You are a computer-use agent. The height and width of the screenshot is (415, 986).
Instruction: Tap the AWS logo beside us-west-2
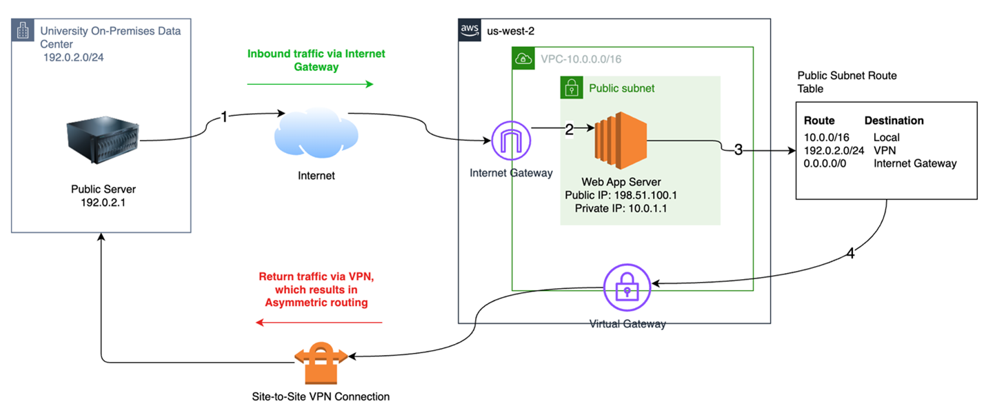[470, 31]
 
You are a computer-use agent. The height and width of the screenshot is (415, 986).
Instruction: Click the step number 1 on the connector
[224, 118]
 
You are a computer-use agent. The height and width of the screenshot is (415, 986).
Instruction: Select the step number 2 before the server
[570, 130]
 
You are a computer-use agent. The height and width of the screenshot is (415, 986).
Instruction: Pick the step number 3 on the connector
[738, 150]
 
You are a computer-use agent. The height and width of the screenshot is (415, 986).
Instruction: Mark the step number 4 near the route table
[850, 253]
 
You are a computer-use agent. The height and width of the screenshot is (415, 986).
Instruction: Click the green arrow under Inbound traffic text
[310, 84]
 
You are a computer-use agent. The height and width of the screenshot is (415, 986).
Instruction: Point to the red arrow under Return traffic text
[319, 322]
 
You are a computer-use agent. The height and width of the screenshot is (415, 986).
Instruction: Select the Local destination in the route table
[886, 138]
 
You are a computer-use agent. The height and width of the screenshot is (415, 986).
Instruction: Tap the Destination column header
[894, 121]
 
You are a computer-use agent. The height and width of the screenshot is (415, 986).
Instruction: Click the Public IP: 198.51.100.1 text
[621, 195]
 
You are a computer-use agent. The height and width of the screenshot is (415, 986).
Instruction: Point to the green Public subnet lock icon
[571, 88]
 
